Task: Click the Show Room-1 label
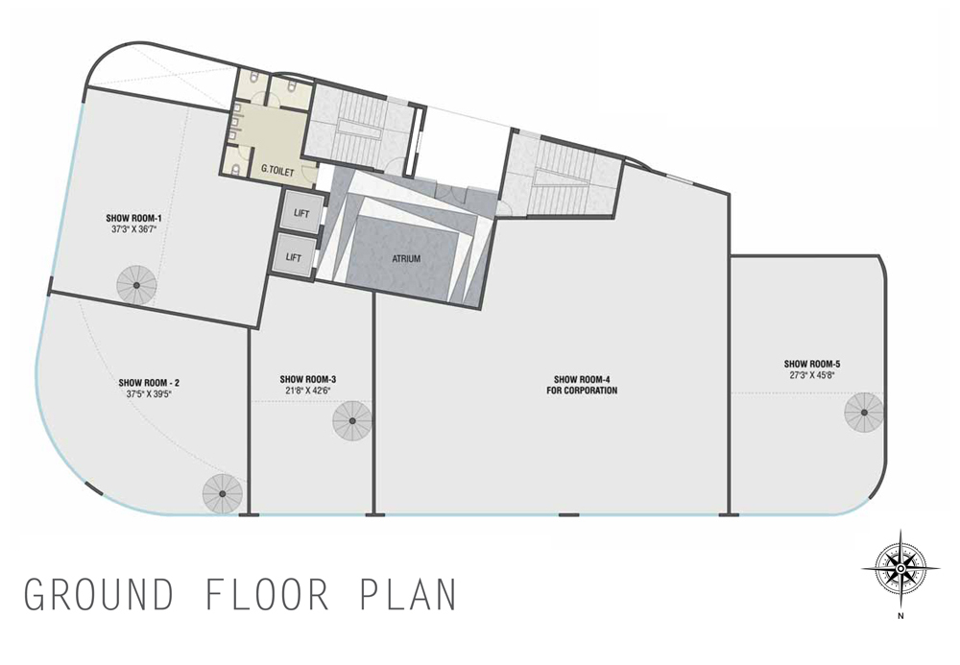[x=133, y=218]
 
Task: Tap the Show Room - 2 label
[x=149, y=383]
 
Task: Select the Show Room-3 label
[x=308, y=379]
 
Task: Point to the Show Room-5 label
[x=812, y=364]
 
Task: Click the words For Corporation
[x=582, y=391]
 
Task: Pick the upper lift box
[x=301, y=213]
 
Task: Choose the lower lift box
[x=294, y=257]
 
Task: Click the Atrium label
[x=406, y=259]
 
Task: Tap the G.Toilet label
[x=277, y=172]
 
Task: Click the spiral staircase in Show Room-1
[x=136, y=285]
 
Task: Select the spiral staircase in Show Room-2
[x=223, y=493]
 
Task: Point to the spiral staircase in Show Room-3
[x=352, y=421]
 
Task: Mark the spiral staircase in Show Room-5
[x=864, y=413]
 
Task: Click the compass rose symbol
[x=900, y=569]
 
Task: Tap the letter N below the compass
[x=900, y=616]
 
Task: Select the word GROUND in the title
[x=98, y=594]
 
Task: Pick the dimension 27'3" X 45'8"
[x=812, y=375]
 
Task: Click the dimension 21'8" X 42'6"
[x=308, y=391]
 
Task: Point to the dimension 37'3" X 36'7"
[x=133, y=229]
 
